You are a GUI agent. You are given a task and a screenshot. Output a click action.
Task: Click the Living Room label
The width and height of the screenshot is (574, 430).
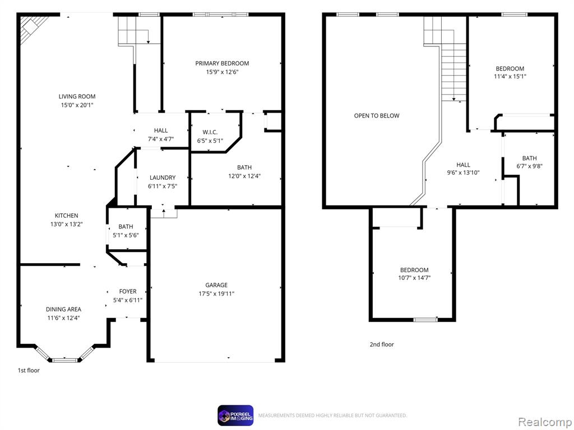click(x=77, y=96)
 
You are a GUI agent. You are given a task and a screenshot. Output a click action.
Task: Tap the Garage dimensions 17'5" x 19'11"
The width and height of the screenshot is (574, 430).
click(x=216, y=293)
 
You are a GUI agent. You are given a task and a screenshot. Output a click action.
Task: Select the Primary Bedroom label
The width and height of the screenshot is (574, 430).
click(x=222, y=63)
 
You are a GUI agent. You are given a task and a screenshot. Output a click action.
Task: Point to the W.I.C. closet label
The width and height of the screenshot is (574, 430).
click(x=210, y=132)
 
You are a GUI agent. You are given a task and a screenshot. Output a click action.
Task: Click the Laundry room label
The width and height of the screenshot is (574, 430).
click(x=163, y=177)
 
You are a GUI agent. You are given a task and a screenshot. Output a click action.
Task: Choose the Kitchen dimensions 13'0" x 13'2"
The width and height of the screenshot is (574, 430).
click(x=66, y=224)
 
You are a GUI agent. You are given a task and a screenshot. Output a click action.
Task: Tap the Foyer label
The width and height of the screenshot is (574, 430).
click(x=128, y=291)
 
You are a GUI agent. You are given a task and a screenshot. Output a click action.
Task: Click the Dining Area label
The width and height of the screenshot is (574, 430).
click(x=63, y=309)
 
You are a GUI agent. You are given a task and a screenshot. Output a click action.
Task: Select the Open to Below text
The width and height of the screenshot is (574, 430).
click(x=377, y=115)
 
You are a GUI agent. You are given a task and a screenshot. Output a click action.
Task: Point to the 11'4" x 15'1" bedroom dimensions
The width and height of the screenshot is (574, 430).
click(x=510, y=76)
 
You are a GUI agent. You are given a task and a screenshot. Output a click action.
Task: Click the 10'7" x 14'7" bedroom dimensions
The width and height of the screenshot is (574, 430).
click(x=414, y=278)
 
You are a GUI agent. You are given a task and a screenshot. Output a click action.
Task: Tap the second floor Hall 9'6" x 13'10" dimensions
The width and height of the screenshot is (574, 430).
click(x=463, y=172)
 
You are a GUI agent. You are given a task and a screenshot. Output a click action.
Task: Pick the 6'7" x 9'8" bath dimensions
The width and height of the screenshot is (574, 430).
click(x=529, y=166)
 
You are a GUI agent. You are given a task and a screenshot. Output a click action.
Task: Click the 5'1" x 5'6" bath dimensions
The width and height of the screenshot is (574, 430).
click(x=126, y=235)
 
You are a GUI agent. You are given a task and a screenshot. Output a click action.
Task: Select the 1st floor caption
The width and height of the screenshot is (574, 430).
click(x=29, y=371)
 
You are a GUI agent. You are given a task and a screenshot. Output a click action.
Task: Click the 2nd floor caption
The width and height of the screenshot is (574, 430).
click(x=382, y=344)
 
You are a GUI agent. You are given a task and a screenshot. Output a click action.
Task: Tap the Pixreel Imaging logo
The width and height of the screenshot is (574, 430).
click(x=235, y=415)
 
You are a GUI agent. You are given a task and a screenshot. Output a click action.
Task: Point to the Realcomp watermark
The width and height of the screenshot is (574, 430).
click(x=545, y=422)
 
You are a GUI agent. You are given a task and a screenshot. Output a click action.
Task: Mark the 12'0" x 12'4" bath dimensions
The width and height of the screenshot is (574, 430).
click(x=244, y=176)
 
